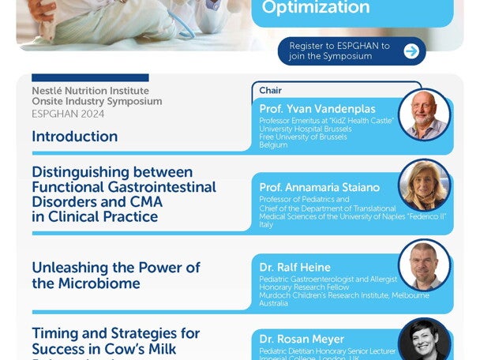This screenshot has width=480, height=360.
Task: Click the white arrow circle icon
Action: tap(411, 51)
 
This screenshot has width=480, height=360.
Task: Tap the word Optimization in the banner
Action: tap(316, 8)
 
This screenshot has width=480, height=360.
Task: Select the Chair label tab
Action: tap(271, 91)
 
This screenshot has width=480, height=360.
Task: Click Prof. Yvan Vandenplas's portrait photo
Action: tap(424, 114)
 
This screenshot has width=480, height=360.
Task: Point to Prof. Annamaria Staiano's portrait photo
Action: tap(424, 186)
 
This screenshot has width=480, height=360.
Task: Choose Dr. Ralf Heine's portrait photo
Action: tap(424, 264)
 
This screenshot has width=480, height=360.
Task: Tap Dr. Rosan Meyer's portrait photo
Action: tap(424, 339)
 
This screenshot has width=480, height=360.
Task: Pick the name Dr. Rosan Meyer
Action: tap(296, 339)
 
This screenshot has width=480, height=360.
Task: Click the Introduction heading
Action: tap(75, 136)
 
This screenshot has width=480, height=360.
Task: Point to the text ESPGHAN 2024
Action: tap(68, 114)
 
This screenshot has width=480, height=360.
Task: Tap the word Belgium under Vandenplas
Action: tap(274, 145)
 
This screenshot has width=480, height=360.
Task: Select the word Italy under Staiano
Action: tap(266, 224)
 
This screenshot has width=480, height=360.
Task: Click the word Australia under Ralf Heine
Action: tap(274, 303)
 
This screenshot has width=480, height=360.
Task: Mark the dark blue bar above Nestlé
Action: tap(90, 77)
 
